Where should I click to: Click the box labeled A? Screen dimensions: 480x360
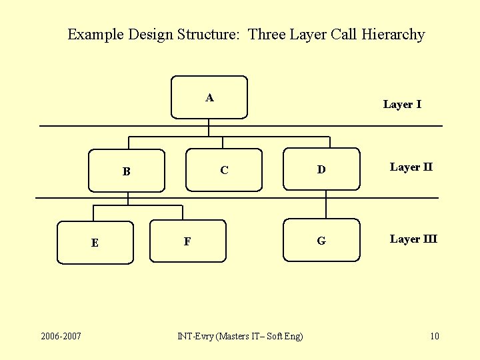(x=209, y=97)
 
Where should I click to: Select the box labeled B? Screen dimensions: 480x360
(x=127, y=171)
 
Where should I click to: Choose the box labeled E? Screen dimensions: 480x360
(x=95, y=243)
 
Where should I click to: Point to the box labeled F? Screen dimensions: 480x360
(x=187, y=241)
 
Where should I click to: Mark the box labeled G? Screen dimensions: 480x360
(x=321, y=241)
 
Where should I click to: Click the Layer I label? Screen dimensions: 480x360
(x=402, y=104)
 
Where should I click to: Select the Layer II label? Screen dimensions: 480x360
(x=411, y=167)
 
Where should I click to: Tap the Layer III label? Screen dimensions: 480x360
(x=413, y=239)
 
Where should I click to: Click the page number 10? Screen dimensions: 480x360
(x=435, y=335)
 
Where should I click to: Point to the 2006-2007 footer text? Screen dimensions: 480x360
(x=61, y=335)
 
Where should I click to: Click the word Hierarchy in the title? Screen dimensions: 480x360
(x=393, y=35)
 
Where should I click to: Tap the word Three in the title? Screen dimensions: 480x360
(x=267, y=35)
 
